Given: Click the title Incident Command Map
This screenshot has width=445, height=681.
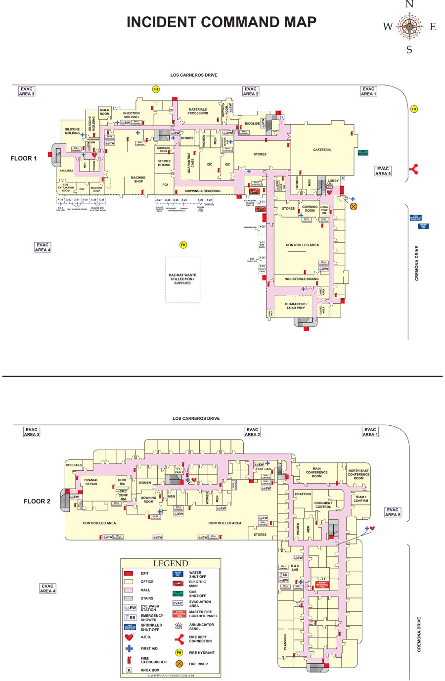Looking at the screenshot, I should click(222, 22).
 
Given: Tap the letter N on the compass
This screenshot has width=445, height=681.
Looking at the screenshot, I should click(409, 4).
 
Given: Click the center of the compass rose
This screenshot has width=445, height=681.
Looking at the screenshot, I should click(409, 26).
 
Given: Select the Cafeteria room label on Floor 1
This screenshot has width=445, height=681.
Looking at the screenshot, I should click(322, 150).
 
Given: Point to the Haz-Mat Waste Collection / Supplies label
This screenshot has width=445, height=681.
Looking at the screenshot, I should click(182, 279).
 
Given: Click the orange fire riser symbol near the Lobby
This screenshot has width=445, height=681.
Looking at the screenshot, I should click(354, 206).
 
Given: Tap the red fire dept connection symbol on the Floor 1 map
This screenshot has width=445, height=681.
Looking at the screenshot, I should click(414, 169).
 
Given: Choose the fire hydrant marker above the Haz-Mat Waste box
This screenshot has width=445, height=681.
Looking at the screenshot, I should click(183, 245).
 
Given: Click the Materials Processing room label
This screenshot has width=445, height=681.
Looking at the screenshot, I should click(198, 111).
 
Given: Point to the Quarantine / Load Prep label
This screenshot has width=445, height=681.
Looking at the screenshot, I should click(296, 306).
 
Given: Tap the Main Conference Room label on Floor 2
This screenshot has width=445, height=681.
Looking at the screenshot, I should click(316, 472).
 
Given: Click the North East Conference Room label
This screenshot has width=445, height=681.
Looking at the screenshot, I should click(358, 474).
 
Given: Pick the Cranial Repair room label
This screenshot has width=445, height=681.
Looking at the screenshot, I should click(91, 482).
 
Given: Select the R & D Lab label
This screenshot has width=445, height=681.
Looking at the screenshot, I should click(295, 567).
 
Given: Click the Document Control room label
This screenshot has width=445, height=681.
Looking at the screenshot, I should click(323, 505).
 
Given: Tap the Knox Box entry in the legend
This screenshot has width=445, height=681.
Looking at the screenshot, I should click(150, 670).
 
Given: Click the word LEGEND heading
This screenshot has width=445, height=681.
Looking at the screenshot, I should click(171, 563).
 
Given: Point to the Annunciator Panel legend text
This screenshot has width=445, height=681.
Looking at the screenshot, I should click(201, 627).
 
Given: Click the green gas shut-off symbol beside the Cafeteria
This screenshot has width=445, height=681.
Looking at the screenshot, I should click(363, 153).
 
